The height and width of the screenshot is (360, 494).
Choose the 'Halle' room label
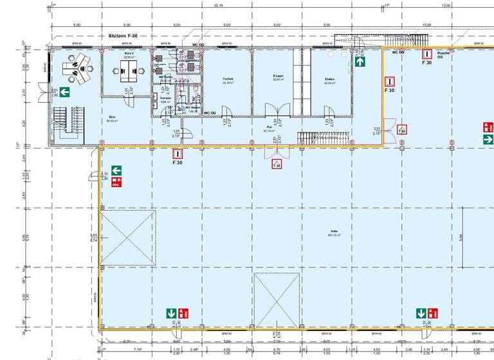click(333, 233)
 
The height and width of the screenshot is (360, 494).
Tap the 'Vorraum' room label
click(165, 98)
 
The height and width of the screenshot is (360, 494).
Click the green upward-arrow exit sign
click(360, 62)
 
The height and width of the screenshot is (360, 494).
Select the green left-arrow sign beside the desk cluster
click(65, 93)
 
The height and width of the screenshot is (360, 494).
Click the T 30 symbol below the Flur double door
click(277, 164)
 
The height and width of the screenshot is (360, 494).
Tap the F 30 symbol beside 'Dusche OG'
click(426, 55)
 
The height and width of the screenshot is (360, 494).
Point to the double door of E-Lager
click(275, 111)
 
